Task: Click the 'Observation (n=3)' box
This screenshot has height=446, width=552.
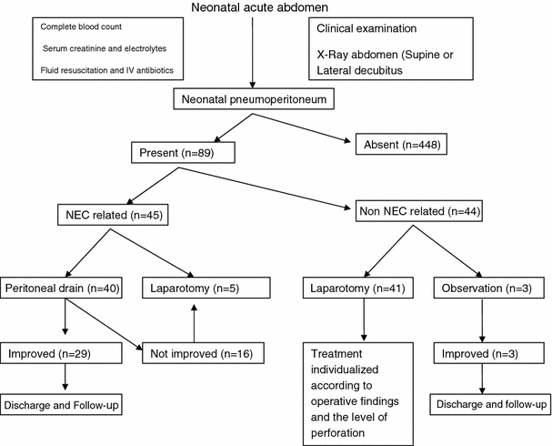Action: point(489,289)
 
